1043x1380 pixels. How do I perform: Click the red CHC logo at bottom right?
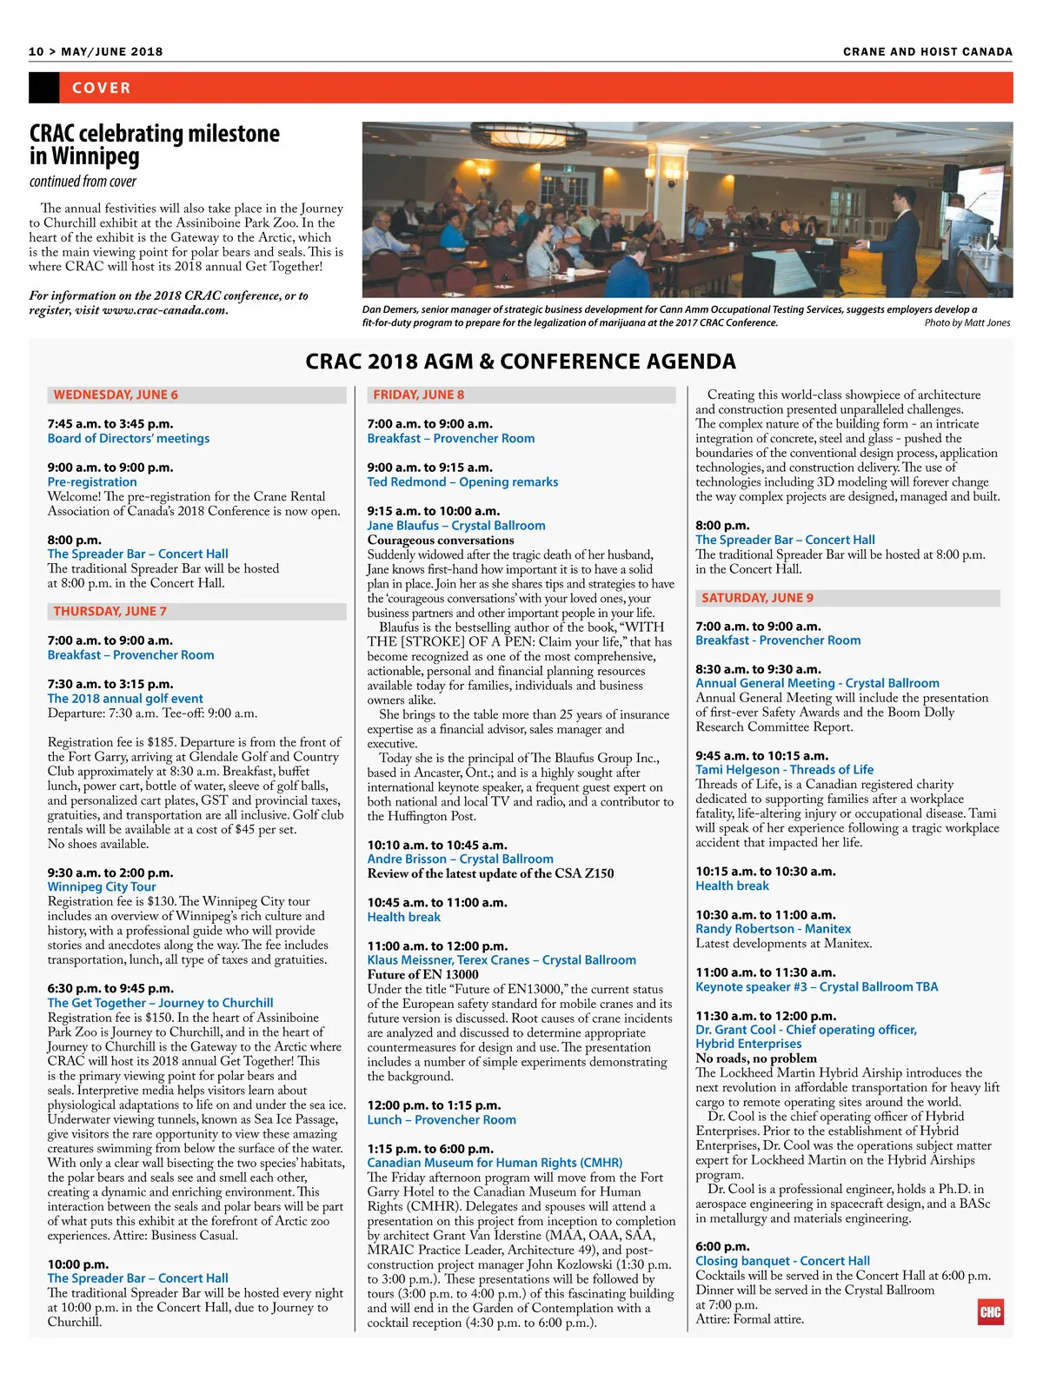click(x=990, y=1312)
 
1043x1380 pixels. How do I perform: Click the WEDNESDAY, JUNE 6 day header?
click(x=116, y=395)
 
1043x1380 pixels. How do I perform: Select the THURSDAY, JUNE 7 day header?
click(x=110, y=611)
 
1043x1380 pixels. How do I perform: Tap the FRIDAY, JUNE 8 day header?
click(x=419, y=395)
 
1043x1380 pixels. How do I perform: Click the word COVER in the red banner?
click(x=102, y=88)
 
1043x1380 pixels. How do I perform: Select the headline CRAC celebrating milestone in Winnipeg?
click(x=154, y=144)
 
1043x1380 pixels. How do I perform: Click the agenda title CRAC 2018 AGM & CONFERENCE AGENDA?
click(x=521, y=362)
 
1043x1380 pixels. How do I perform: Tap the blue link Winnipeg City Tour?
click(x=102, y=887)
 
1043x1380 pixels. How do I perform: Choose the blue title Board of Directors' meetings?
click(x=129, y=439)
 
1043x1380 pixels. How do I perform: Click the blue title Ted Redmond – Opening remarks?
click(x=462, y=482)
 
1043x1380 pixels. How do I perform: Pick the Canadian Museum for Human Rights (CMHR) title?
click(x=495, y=1163)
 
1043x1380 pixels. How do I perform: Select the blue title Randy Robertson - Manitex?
click(x=773, y=929)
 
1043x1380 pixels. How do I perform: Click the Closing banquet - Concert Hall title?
click(x=782, y=1261)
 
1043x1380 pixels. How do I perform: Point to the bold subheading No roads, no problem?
click(x=756, y=1058)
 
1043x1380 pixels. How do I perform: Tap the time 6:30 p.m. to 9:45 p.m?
click(x=110, y=988)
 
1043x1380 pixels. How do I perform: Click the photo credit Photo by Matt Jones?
click(x=967, y=323)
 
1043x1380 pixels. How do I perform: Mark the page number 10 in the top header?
click(x=36, y=51)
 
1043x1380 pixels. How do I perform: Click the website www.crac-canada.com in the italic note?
click(x=164, y=310)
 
